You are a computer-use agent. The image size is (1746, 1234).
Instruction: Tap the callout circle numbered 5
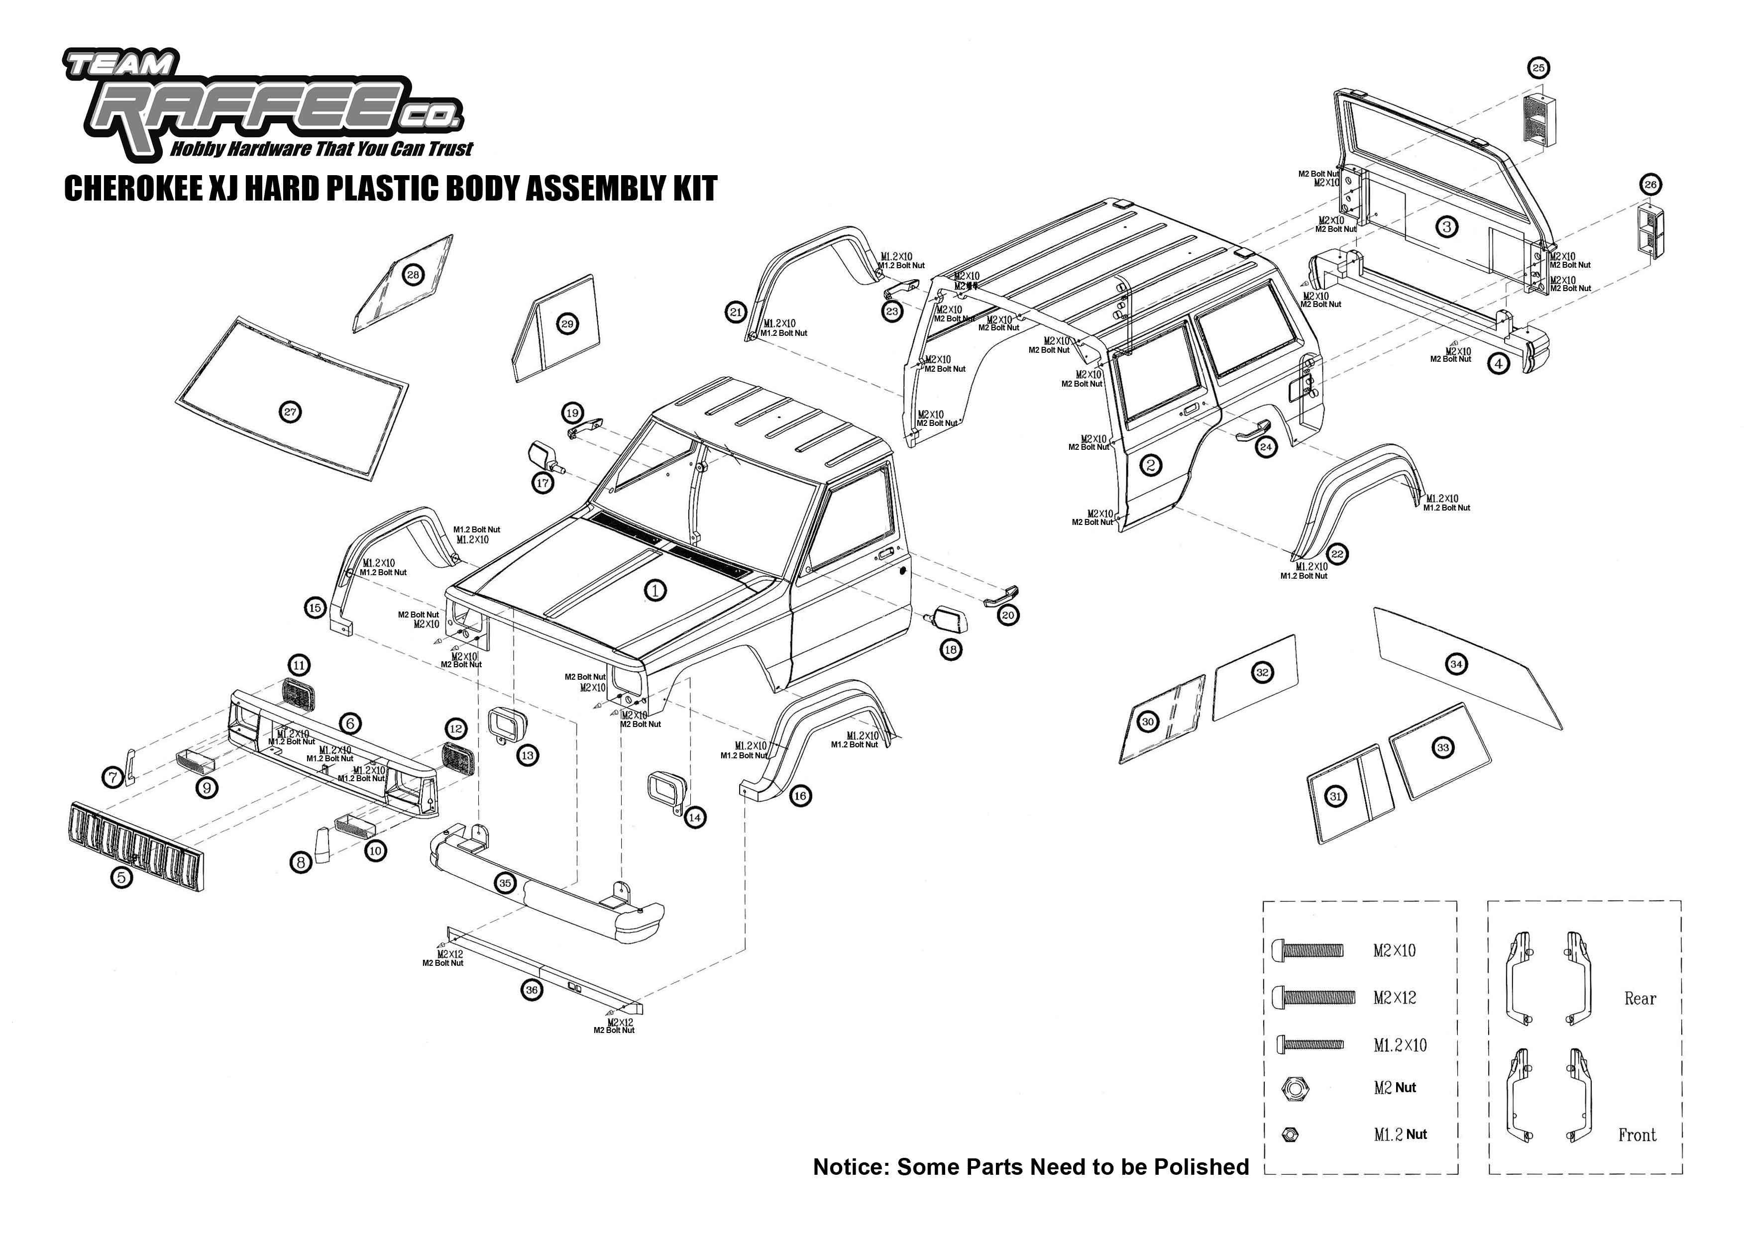(x=121, y=877)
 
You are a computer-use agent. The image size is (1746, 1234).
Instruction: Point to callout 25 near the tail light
(x=1538, y=68)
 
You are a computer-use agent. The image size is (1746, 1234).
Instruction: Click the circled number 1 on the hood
(x=655, y=589)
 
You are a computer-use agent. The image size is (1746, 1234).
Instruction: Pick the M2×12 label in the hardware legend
(x=1395, y=998)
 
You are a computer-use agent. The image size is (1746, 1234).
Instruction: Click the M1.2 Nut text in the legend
(x=1400, y=1134)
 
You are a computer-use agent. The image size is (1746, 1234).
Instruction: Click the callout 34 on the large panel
(x=1455, y=664)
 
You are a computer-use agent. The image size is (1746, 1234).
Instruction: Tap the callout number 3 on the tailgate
(x=1446, y=226)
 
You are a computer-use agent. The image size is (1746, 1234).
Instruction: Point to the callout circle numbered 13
(x=527, y=755)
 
